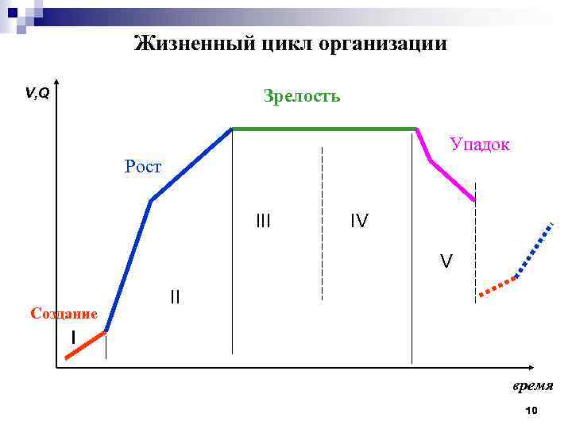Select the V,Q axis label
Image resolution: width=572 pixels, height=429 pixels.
(37, 94)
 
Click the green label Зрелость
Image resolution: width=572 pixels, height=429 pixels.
(302, 96)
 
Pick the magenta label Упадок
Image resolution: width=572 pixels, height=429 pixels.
(480, 145)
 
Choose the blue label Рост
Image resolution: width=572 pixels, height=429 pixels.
(143, 167)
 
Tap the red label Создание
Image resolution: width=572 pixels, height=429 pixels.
(64, 314)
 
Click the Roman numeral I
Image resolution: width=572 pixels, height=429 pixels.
(73, 338)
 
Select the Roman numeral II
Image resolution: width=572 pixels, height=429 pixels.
(175, 298)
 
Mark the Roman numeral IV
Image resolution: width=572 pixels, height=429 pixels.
(359, 221)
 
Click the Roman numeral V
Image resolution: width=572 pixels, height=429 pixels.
(447, 261)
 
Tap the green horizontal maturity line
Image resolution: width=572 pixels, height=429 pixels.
(324, 129)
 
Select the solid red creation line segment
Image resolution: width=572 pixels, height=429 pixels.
(86, 346)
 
